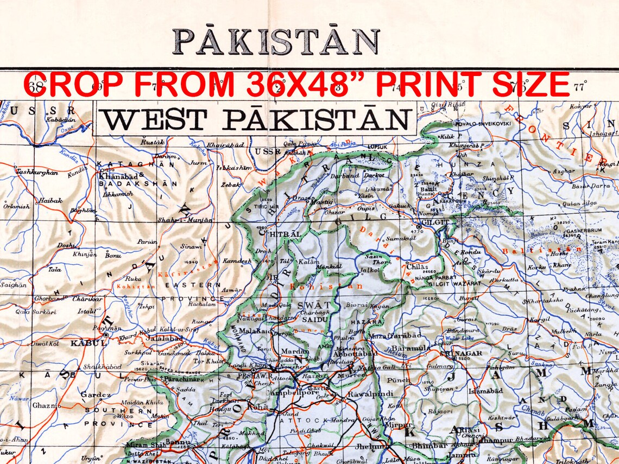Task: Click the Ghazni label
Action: click(x=46, y=405)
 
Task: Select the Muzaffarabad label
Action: click(x=395, y=336)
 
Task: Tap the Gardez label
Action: click(x=96, y=395)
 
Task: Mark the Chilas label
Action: click(x=417, y=267)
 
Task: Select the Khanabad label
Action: click(x=114, y=176)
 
